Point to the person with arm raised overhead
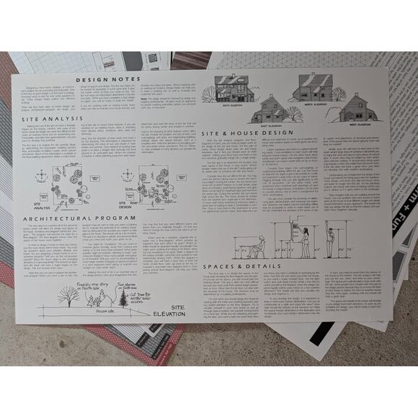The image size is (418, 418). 331,241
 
